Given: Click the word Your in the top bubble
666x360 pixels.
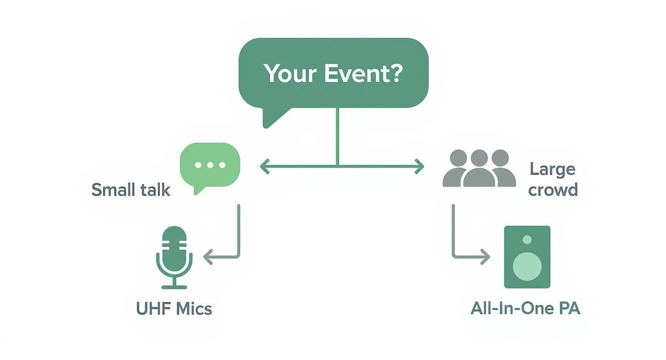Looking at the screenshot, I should tap(290, 73).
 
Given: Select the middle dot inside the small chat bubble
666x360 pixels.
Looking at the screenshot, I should tap(210, 165).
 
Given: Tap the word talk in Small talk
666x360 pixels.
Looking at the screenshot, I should tap(154, 190).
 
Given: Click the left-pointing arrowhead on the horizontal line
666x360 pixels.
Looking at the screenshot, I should tap(264, 167).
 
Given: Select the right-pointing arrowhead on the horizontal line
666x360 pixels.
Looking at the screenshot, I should tap(420, 167).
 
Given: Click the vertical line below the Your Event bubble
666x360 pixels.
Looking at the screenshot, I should tap(338, 136).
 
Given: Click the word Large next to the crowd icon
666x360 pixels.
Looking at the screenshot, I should tap(553, 169).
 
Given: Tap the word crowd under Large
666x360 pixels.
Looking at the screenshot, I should tap(553, 190).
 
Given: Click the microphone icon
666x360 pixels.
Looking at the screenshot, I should tap(174, 254).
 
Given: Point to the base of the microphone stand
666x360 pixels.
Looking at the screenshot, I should tap(174, 287).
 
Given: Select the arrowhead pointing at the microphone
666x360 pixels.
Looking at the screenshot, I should tap(208, 257).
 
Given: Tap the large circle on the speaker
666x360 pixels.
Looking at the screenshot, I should tap(527, 265).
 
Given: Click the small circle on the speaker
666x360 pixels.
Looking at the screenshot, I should tap(527, 239).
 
